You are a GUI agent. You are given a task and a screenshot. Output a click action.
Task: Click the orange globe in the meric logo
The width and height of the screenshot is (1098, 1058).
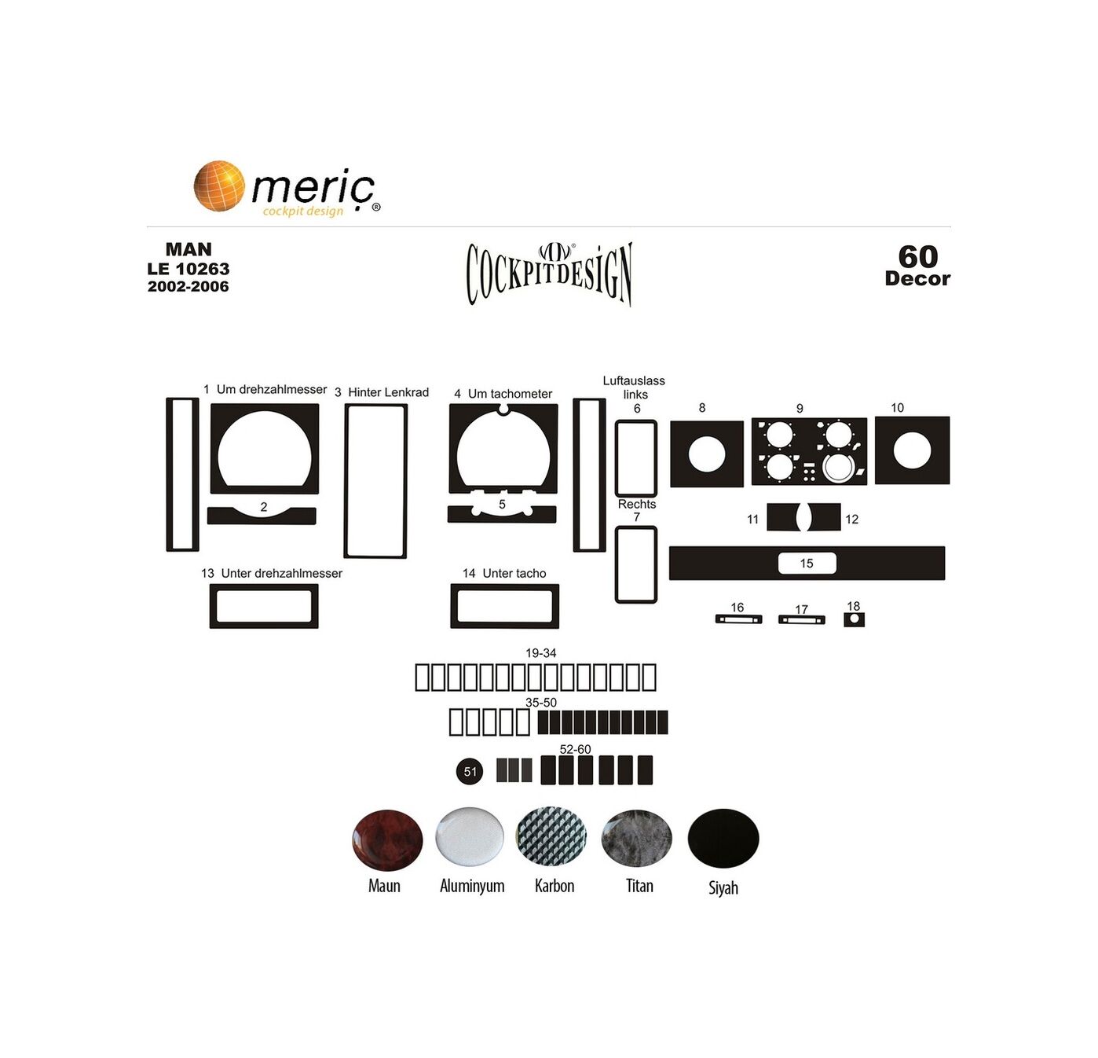click(219, 186)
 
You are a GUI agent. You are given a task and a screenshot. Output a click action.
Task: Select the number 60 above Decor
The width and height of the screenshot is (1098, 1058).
click(918, 257)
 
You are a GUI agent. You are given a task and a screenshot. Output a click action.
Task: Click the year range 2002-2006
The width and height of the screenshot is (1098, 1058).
click(188, 286)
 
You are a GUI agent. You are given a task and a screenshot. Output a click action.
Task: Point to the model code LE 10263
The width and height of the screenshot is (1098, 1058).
click(188, 269)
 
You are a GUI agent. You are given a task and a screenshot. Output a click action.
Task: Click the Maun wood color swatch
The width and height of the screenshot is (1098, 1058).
click(387, 840)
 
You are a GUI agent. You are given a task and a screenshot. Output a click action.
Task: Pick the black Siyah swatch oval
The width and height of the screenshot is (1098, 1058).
click(723, 839)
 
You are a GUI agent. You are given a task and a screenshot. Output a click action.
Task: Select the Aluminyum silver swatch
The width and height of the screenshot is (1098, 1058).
click(470, 836)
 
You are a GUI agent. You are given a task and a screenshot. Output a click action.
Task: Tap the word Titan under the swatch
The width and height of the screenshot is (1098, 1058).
click(639, 887)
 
